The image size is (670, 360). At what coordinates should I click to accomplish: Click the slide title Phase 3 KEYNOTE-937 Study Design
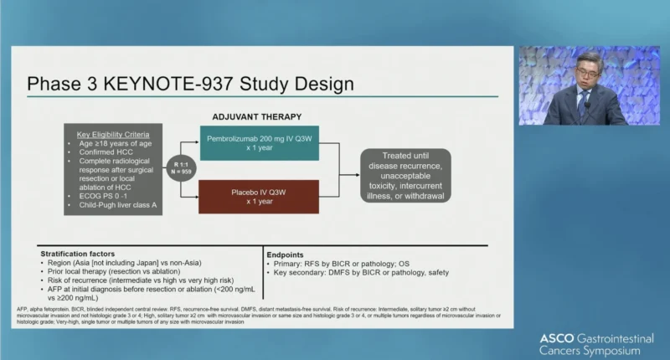pos(189,85)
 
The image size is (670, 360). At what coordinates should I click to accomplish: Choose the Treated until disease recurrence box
pos(405,175)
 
